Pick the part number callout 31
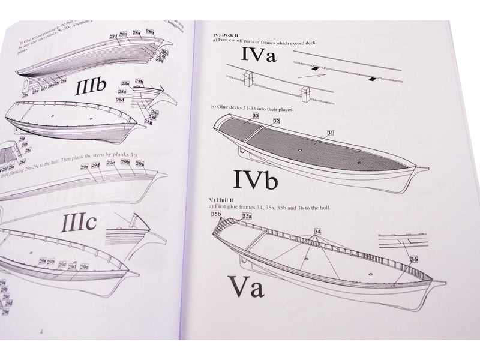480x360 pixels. (330, 132)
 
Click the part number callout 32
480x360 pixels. (276, 121)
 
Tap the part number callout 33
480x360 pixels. (256, 115)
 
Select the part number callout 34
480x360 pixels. (317, 231)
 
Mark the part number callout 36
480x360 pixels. (414, 259)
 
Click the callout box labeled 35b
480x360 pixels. (217, 214)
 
